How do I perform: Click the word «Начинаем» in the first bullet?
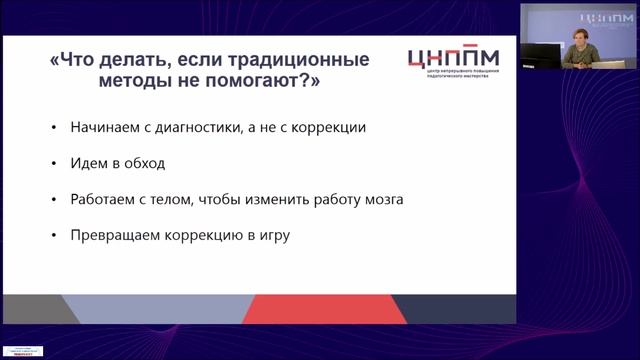(103, 128)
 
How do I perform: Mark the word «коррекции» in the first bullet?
(325, 128)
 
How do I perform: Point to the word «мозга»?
(381, 199)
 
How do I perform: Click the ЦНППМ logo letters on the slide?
(457, 59)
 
